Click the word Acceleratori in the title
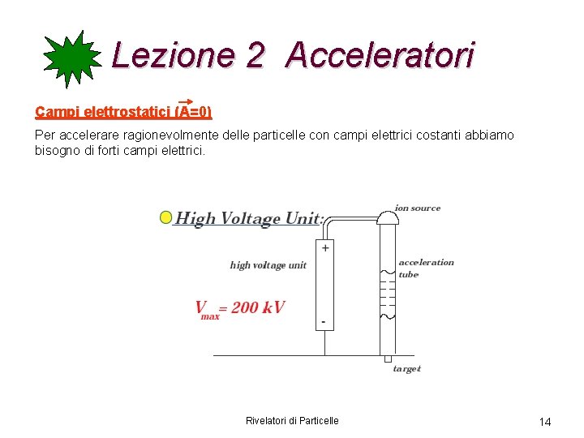380,55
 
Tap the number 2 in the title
254,55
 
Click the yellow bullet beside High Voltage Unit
165,217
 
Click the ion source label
418,208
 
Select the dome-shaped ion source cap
388,217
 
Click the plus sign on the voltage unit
325,248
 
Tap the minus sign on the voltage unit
324,322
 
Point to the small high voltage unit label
268,265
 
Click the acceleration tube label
426,268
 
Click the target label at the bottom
407,369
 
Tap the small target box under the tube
388,359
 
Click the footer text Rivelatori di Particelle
292,420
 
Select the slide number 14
545,422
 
